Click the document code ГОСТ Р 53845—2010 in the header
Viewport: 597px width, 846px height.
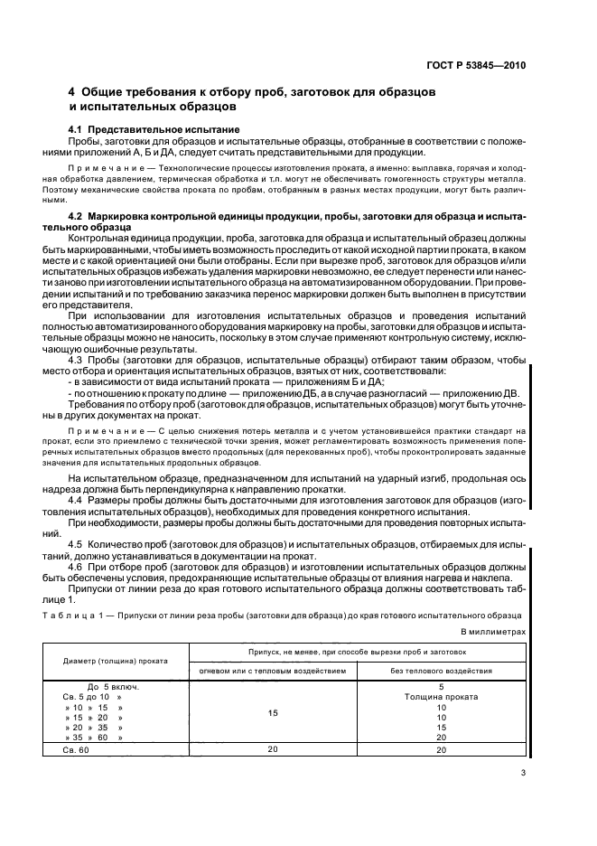pyautogui.click(x=477, y=66)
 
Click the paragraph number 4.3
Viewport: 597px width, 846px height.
pyautogui.click(x=79, y=359)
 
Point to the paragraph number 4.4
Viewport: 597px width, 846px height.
pyautogui.click(x=79, y=499)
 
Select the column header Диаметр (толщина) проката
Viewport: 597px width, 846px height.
pyautogui.click(x=116, y=661)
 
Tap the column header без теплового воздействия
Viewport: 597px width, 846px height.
pyautogui.click(x=441, y=671)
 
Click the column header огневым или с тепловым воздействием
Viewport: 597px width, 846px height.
pyautogui.click(x=272, y=671)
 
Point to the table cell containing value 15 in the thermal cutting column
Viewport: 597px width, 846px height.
pyautogui.click(x=272, y=713)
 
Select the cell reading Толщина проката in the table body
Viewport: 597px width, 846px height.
pyautogui.click(x=441, y=697)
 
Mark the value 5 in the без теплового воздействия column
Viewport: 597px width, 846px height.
pyautogui.click(x=441, y=687)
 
